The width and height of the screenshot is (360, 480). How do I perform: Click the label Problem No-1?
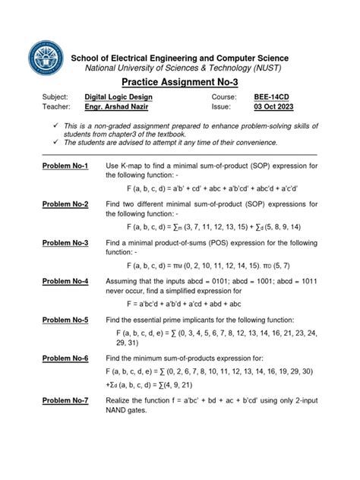tap(65, 166)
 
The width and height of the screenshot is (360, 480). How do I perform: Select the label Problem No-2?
tap(65, 204)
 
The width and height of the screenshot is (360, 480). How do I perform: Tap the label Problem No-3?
tap(65, 242)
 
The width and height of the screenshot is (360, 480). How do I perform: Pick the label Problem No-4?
tap(65, 281)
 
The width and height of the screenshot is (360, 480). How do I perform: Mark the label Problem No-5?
tap(65, 319)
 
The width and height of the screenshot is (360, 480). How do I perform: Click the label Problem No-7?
tap(65, 400)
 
